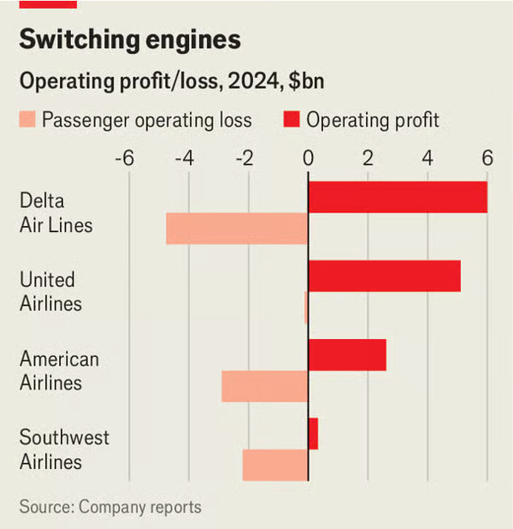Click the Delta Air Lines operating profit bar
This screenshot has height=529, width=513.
pyautogui.click(x=398, y=198)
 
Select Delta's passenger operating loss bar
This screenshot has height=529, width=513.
pyautogui.click(x=237, y=229)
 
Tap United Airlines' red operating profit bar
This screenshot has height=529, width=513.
pyautogui.click(x=384, y=276)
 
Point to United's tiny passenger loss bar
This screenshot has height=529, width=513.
pyautogui.click(x=305, y=307)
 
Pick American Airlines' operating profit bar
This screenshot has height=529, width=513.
pyautogui.click(x=347, y=354)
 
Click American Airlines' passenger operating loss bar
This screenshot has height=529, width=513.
pyautogui.click(x=264, y=386)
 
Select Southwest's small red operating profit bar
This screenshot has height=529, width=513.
pyautogui.click(x=313, y=433)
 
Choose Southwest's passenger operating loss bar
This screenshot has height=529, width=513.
pyautogui.click(x=274, y=465)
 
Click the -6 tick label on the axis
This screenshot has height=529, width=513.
pyautogui.click(x=125, y=158)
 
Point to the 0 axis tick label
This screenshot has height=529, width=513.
pyautogui.click(x=308, y=158)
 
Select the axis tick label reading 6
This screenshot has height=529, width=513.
pyautogui.click(x=487, y=158)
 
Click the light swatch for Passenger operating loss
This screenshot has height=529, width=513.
pyautogui.click(x=27, y=119)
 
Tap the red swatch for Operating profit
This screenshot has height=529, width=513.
pyautogui.click(x=292, y=119)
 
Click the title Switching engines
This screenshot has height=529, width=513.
pyautogui.click(x=129, y=39)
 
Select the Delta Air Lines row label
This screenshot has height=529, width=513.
pyautogui.click(x=56, y=213)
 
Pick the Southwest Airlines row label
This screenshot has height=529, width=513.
pyautogui.click(x=64, y=449)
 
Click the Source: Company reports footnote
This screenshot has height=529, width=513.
pyautogui.click(x=110, y=507)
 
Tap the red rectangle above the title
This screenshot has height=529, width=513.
pyautogui.click(x=48, y=3)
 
